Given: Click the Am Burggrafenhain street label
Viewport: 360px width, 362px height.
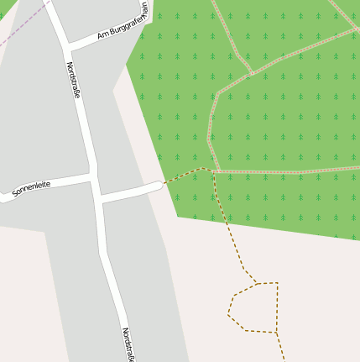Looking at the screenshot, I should [123, 23].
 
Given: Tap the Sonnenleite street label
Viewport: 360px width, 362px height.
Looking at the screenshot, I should [31, 188].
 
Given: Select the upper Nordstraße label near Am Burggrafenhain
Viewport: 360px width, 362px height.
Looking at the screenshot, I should [74, 81].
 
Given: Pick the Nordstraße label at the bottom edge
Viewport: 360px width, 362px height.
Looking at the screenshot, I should [128, 344].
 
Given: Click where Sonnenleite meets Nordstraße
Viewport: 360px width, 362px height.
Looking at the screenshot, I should [93, 177].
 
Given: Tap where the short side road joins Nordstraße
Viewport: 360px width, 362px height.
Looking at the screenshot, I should [100, 199].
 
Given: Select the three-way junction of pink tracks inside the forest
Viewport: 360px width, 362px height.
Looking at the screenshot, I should [251, 74].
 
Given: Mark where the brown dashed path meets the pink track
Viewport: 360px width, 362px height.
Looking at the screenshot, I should [214, 172].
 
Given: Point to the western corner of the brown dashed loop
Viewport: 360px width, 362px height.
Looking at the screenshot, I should [228, 315].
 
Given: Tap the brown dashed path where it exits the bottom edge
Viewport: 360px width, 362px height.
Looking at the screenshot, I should [284, 359].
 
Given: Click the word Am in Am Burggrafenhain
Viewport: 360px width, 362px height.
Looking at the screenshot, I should [103, 34].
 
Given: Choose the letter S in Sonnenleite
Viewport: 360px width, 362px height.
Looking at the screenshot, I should [15, 194].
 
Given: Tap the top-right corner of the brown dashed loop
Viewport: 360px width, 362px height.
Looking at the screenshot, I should [277, 283].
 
